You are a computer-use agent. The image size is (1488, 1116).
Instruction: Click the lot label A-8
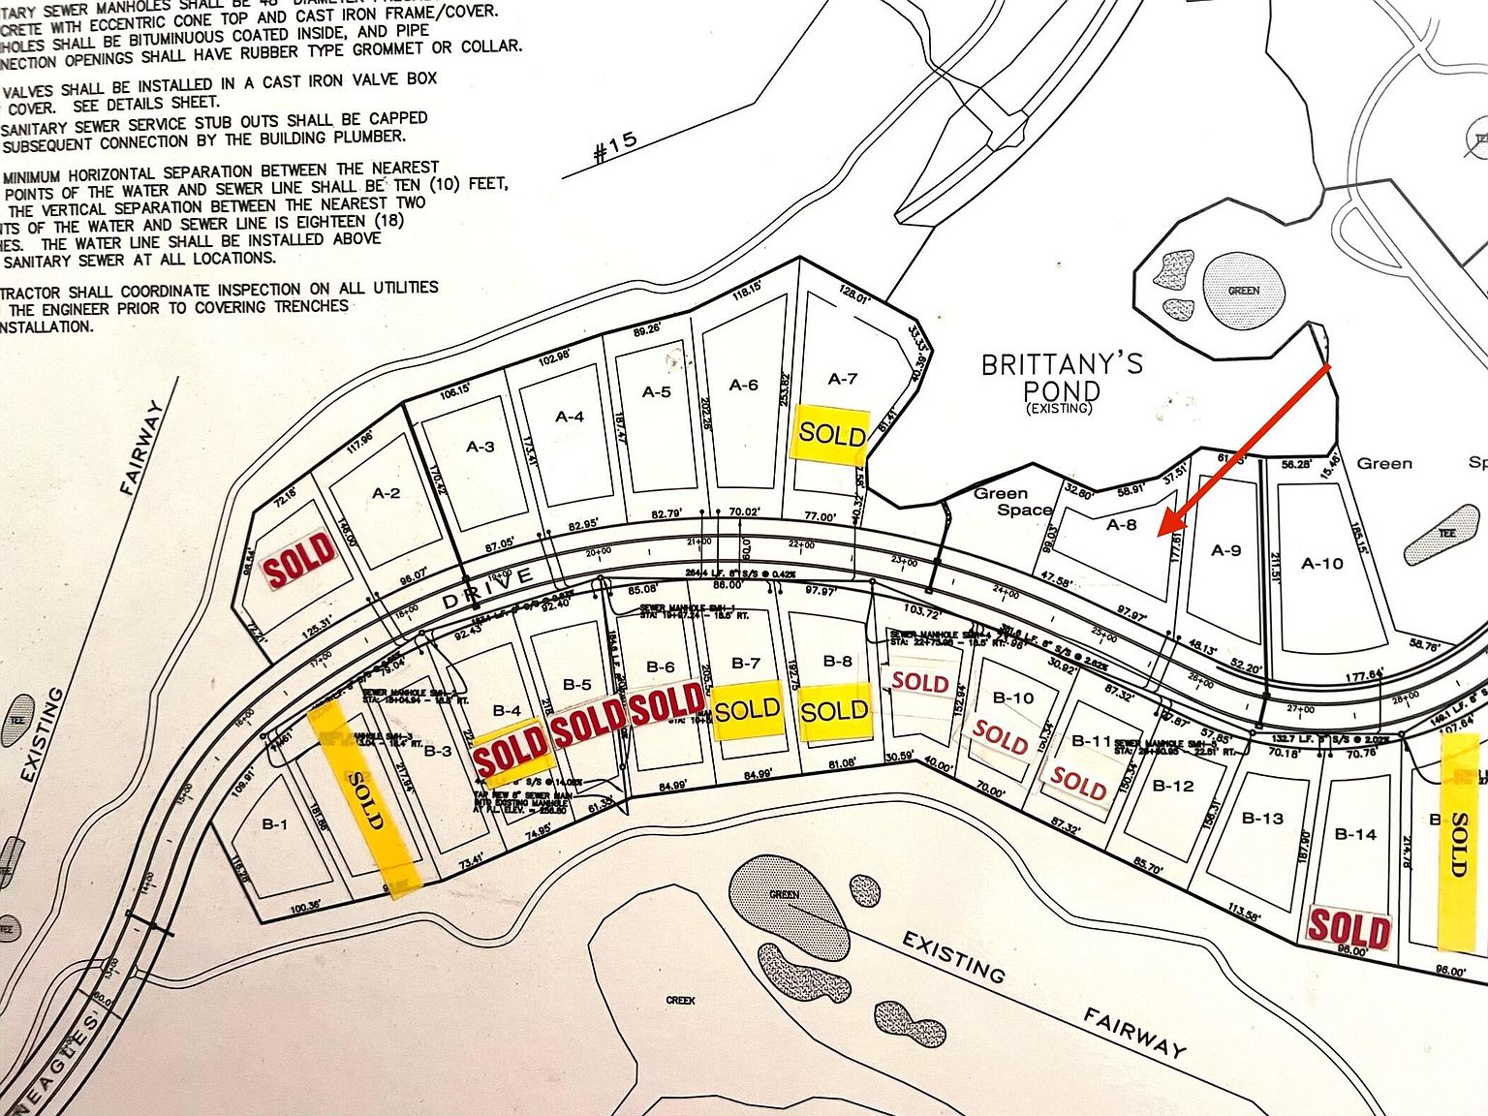[1121, 525]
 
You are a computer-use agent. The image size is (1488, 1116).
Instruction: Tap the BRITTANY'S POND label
[1062, 378]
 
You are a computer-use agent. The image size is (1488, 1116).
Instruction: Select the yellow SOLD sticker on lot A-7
[831, 433]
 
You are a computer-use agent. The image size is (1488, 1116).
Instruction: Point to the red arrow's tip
[1162, 534]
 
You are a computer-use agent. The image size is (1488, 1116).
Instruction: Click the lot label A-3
[480, 447]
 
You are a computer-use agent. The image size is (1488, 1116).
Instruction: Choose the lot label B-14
[1355, 834]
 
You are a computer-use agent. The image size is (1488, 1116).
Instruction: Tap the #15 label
[614, 147]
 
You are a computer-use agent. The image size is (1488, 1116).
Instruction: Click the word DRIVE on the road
[488, 589]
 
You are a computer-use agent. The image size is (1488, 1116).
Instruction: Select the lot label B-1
[275, 825]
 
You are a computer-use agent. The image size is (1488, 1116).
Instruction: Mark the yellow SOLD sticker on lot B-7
[747, 710]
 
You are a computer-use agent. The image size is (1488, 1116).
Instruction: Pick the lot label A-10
[1321, 563]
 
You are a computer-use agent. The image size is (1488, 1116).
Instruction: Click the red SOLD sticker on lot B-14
[1348, 929]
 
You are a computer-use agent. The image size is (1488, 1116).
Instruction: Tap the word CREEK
[680, 1000]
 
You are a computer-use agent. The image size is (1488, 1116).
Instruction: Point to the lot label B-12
[1173, 786]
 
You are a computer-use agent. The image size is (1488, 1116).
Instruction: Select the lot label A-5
[656, 392]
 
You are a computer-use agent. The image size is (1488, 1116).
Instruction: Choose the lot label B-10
[1013, 697]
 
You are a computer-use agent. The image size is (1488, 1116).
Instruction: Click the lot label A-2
[386, 493]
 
